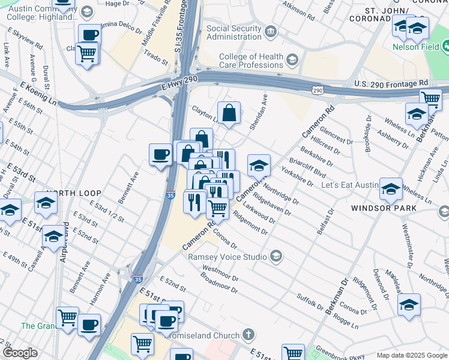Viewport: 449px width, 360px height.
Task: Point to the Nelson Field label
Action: pyautogui.click(x=415, y=46)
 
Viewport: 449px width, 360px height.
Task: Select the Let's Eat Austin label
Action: pyautogui.click(x=348, y=186)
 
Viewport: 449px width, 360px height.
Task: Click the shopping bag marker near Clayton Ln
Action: pyautogui.click(x=229, y=112)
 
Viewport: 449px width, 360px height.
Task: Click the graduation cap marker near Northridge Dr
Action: pyautogui.click(x=259, y=165)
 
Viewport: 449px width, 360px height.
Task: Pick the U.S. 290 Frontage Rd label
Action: pyautogui.click(x=391, y=83)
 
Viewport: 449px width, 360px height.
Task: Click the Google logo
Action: pyautogui.click(x=20, y=353)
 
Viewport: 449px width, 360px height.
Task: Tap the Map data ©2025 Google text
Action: pyautogui.click(x=411, y=355)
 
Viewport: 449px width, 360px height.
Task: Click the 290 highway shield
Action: pyautogui.click(x=318, y=89)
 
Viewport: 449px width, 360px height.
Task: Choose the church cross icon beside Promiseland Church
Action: pyautogui.click(x=249, y=335)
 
